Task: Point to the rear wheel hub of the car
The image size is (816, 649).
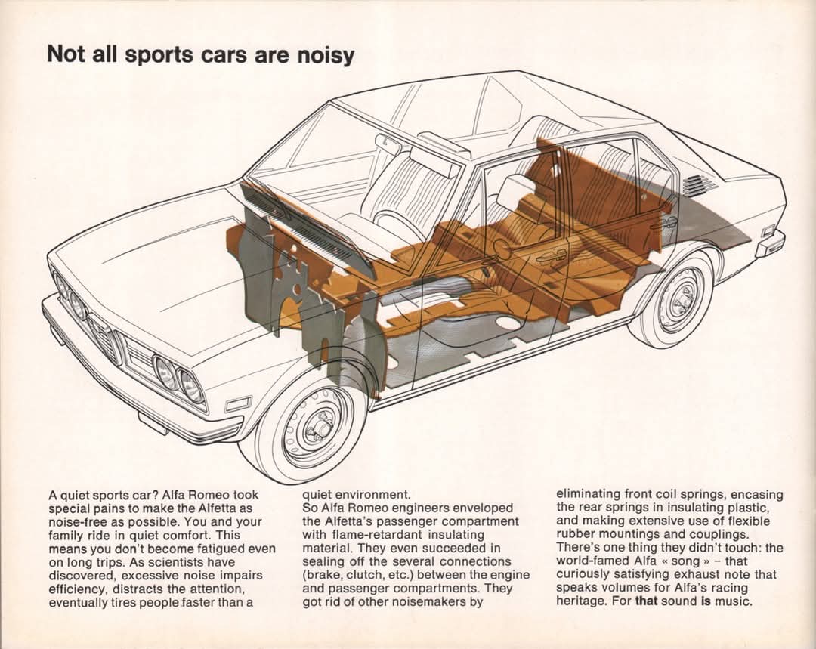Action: tap(681, 300)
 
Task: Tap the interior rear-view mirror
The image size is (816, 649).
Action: tap(387, 144)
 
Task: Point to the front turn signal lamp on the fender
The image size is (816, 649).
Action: tap(239, 404)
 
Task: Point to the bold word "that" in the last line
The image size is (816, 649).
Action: tap(646, 601)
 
